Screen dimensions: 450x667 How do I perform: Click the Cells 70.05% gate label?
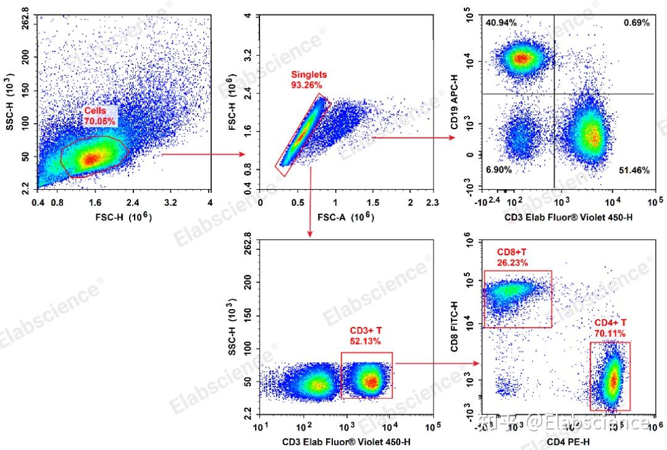pos(99,116)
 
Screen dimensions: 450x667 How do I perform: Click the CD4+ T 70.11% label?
pos(610,328)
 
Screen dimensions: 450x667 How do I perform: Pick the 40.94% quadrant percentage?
pos(501,23)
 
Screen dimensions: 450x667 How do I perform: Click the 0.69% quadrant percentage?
pos(636,23)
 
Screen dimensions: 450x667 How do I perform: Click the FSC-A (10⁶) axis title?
pos(346,217)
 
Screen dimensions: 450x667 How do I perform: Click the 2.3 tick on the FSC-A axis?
pos(432,203)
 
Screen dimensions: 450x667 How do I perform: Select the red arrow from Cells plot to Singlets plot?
pos(204,155)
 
